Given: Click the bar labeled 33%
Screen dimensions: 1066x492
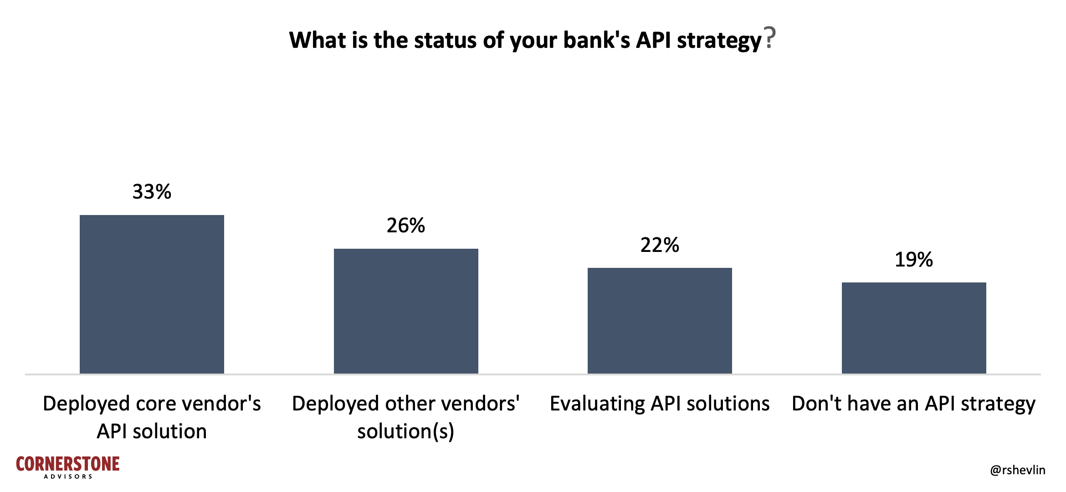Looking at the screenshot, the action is (152, 294).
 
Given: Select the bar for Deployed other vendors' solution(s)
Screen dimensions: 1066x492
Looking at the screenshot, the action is (406, 311).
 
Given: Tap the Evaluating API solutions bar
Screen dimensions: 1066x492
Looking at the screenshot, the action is (660, 321).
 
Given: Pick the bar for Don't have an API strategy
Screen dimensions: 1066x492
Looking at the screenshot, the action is (914, 328).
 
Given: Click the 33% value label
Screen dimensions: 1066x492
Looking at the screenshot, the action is (152, 192).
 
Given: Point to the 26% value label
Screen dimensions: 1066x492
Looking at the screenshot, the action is (406, 225).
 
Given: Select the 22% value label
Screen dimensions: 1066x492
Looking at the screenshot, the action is (660, 245).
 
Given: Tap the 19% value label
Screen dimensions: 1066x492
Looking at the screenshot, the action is (914, 260).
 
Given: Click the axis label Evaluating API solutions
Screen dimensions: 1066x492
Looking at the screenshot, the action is (660, 404).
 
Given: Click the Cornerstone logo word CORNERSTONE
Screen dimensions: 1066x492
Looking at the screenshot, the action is (68, 464).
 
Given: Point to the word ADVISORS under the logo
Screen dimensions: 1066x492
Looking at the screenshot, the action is (68, 477).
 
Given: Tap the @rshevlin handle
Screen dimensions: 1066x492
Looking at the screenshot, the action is (1018, 470).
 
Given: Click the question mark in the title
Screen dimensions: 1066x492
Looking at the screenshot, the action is (770, 38).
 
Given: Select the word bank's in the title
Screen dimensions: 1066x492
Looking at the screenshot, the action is (597, 40).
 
